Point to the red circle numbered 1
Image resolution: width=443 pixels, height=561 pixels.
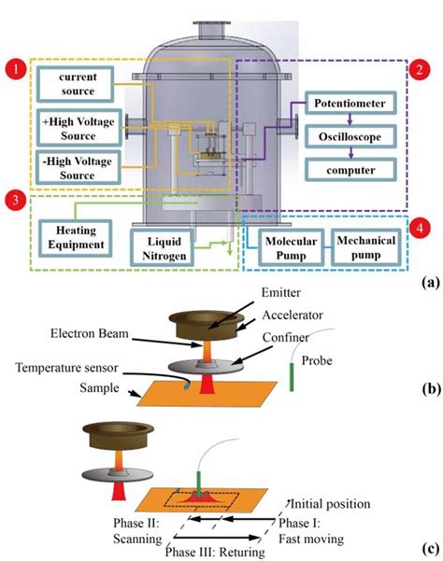click(16, 68)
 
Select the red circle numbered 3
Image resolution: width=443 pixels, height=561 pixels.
click(15, 198)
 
